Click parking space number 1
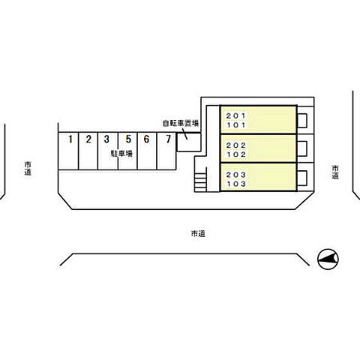click(68, 151)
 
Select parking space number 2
click(88, 151)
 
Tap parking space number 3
click(108, 151)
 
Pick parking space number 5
click(127, 151)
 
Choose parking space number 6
click(147, 151)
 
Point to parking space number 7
click(166, 151)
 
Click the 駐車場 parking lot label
click(121, 153)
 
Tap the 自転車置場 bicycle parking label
click(181, 123)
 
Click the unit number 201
click(236, 115)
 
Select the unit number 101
click(236, 125)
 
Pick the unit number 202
click(236, 145)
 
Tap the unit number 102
click(236, 154)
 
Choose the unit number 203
click(236, 175)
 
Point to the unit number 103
click(236, 184)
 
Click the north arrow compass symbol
click(328, 259)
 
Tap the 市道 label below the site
click(198, 234)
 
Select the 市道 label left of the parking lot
click(28, 168)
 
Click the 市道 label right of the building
click(335, 172)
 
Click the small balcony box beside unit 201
click(302, 121)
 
